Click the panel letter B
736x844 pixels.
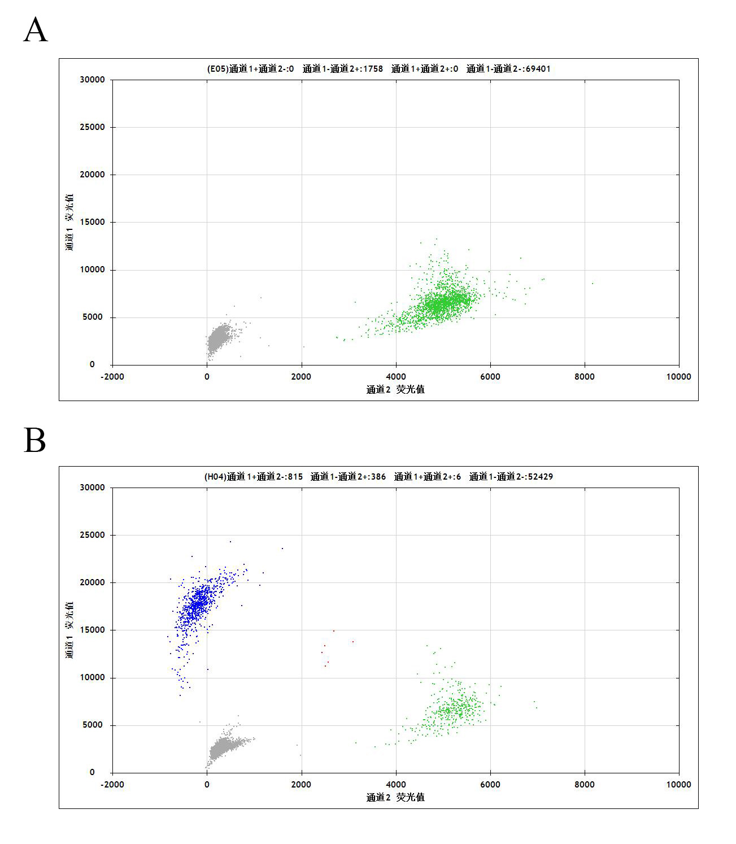click(34, 440)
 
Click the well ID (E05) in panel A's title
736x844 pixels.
click(217, 69)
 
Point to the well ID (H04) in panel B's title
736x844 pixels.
click(215, 477)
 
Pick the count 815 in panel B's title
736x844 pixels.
click(295, 477)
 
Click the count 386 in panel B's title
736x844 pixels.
click(378, 477)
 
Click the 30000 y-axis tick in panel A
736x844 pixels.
click(93, 80)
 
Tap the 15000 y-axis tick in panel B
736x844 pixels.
click(93, 630)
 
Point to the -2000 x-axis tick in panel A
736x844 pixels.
click(112, 377)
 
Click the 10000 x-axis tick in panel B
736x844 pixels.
click(678, 785)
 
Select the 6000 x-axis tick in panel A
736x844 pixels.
click(490, 377)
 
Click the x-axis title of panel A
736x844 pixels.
click(395, 389)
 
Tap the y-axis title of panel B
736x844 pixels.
click(69, 630)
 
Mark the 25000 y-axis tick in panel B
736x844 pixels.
click(93, 535)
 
